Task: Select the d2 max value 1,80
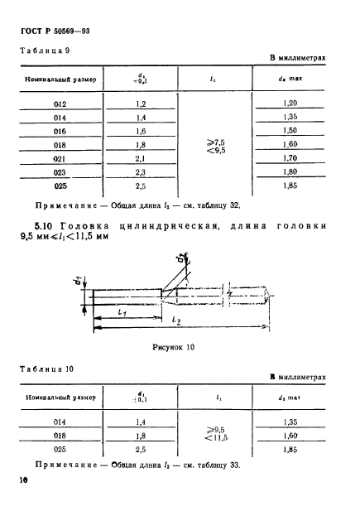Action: [290, 172]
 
